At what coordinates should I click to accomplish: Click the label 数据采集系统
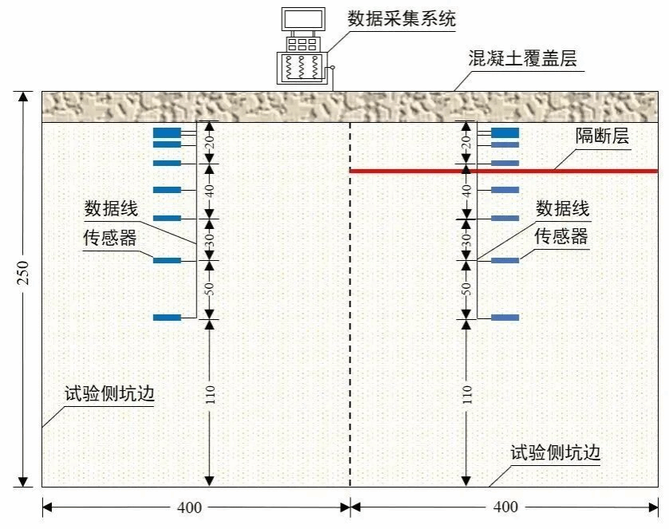402,19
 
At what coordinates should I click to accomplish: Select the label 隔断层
602,136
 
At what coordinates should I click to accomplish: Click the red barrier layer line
559,171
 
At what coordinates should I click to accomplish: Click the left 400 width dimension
190,507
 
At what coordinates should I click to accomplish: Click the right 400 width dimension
505,507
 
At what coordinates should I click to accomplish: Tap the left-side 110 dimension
210,395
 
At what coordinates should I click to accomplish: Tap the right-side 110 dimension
467,395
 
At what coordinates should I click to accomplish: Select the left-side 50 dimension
210,289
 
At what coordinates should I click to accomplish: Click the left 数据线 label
112,210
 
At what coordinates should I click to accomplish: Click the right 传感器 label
561,236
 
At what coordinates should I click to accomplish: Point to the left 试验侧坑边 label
109,394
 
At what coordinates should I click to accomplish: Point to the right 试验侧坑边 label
555,453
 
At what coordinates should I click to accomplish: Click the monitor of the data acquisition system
303,18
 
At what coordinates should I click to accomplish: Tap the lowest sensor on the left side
167,318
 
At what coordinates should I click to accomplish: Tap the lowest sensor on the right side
505,318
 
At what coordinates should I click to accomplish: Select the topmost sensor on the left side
167,132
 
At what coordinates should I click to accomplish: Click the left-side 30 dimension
210,239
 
